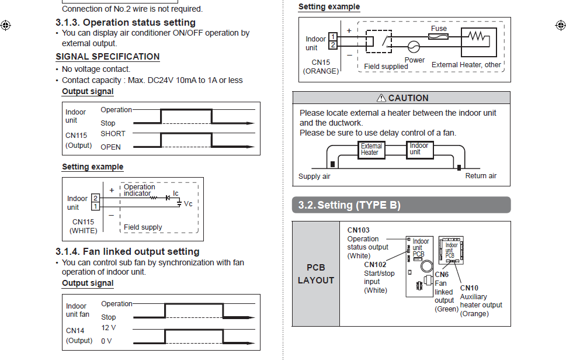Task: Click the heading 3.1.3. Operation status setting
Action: [x=126, y=23]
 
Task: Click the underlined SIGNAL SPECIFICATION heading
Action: [x=107, y=57]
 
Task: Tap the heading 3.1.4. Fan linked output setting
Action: [x=127, y=251]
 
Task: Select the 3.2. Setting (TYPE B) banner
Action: [x=349, y=205]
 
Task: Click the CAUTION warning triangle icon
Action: [x=381, y=98]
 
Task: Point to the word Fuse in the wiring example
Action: [x=439, y=28]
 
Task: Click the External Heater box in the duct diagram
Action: [x=371, y=150]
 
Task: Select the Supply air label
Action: [x=314, y=176]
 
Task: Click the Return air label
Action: [x=481, y=176]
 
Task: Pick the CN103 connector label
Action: [x=358, y=230]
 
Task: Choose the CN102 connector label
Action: [x=375, y=265]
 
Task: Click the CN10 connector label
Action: [x=469, y=288]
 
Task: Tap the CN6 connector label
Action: [x=442, y=275]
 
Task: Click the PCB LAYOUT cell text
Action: [x=315, y=274]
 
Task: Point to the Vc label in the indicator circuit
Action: [x=188, y=204]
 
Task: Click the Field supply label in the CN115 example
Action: [x=143, y=227]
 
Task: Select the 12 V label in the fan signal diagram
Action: [x=109, y=328]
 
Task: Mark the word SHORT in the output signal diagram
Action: [x=113, y=134]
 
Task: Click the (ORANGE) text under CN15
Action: [x=321, y=71]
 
